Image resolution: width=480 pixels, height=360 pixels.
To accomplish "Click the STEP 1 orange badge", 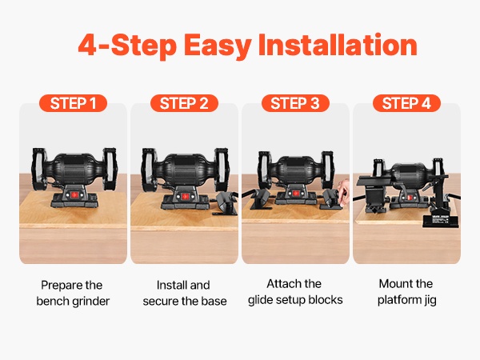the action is [x=73, y=103].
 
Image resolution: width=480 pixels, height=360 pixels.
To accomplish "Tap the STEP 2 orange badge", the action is [x=184, y=103].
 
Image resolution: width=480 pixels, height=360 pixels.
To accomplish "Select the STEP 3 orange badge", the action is [x=295, y=103].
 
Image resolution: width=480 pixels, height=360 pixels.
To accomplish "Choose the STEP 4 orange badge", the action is [x=406, y=103].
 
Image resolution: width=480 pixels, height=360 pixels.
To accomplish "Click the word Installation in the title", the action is [x=338, y=45].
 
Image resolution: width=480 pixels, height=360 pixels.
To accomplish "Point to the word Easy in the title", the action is [x=218, y=46].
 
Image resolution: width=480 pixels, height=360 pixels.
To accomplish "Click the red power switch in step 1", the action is [x=74, y=195].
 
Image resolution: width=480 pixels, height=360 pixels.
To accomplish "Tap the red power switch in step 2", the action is [x=184, y=196].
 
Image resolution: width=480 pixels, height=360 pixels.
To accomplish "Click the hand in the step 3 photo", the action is [x=344, y=192].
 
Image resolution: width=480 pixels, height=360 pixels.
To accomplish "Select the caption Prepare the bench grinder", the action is [x=73, y=293].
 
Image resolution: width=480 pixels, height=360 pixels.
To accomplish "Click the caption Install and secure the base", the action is [x=185, y=293].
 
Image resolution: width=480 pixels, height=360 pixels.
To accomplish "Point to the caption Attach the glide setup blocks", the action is [x=295, y=292].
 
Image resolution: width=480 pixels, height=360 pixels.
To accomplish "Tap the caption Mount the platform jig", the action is [x=406, y=292].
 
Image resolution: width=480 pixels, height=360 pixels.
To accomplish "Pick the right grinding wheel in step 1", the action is [x=110, y=169].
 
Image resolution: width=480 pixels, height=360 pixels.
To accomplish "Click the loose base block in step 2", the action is [x=226, y=203].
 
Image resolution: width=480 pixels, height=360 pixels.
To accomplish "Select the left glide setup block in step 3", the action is [x=261, y=199].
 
